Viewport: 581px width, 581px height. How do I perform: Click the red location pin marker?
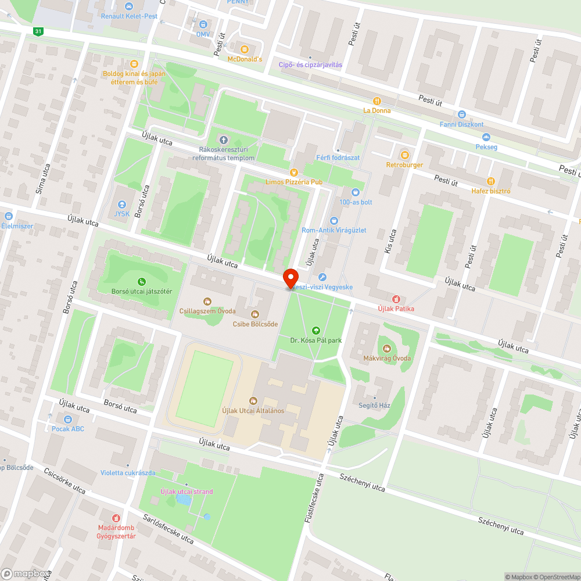coord(290,278)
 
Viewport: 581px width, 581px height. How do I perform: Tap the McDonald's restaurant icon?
coord(244,49)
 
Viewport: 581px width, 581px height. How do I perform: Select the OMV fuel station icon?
coord(203,24)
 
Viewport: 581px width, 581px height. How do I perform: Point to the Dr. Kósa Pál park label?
coord(316,340)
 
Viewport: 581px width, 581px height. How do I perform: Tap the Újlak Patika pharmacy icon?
coord(396,299)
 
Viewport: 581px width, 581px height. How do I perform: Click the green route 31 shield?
coord(38,31)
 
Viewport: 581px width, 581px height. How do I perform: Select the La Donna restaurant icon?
coord(377,101)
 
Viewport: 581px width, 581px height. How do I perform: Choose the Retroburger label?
coord(404,165)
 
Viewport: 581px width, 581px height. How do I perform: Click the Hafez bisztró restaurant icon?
coord(491,181)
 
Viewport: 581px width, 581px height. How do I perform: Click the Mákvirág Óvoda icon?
coord(388,348)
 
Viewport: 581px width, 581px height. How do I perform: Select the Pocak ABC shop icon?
coord(68,419)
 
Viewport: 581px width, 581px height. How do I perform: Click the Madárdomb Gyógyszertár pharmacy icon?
coord(116,518)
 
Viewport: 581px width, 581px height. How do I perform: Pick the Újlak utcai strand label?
coord(187,492)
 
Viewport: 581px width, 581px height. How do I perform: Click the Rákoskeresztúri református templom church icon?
coord(224,139)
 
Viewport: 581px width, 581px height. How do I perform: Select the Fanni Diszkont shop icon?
coord(462,114)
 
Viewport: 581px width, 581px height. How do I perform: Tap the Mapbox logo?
coord(26,573)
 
